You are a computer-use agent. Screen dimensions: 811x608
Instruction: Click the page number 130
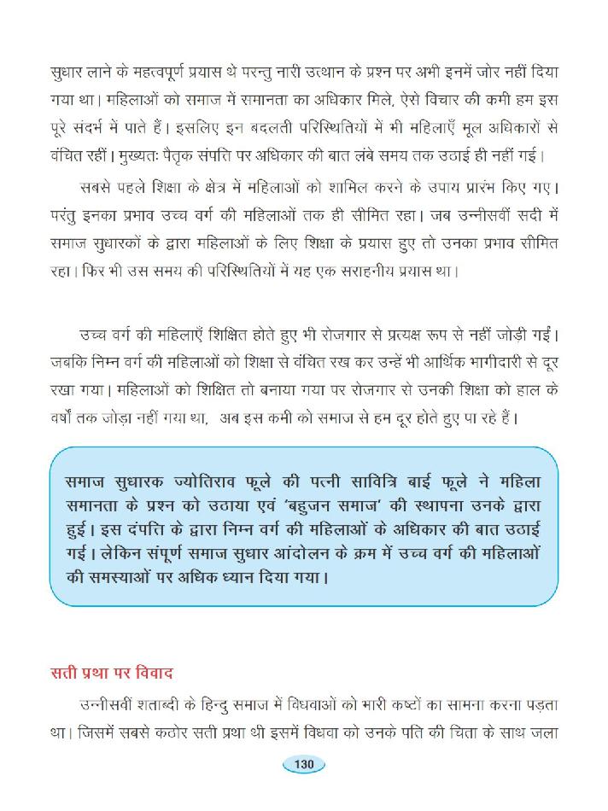[304, 765]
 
